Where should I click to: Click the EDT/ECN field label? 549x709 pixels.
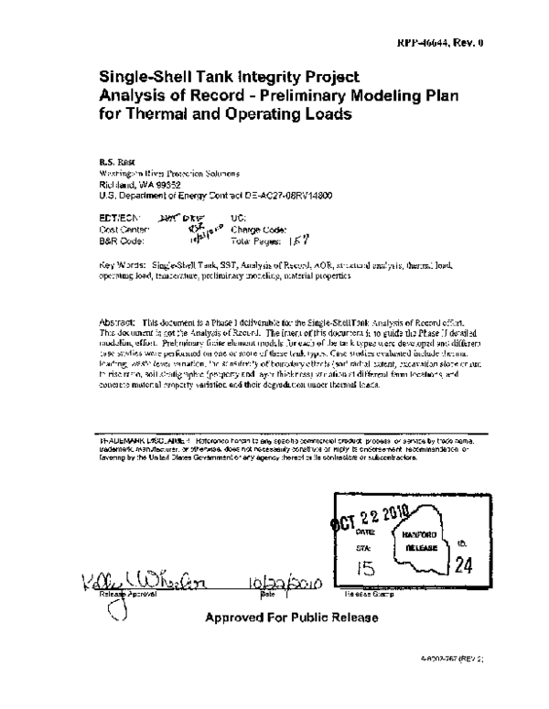pyautogui.click(x=120, y=217)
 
